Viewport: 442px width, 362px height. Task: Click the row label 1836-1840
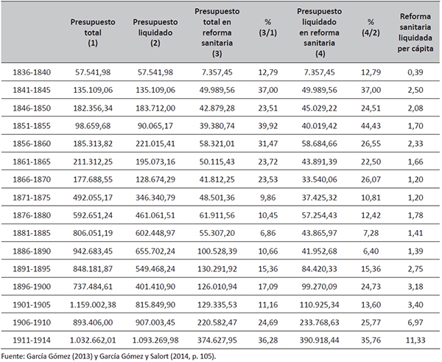32,72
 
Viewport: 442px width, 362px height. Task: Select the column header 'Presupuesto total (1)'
93,32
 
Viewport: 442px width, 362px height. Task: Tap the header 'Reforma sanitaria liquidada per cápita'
415,32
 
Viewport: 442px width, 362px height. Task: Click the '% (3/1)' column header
268,27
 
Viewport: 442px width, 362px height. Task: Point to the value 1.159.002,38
93,304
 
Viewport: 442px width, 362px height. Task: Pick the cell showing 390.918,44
319,341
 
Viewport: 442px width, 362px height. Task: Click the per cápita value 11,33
415,341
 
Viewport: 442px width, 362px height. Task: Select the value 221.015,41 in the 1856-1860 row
155,144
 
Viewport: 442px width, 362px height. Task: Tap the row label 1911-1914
32,341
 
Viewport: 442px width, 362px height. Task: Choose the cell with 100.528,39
217,251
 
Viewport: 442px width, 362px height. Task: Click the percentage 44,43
371,126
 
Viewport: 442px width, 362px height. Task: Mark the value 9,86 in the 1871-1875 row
268,198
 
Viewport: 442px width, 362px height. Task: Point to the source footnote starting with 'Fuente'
108,356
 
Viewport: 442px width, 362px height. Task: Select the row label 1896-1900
32,287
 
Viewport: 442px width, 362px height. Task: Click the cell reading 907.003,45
155,322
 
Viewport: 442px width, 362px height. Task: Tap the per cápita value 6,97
415,322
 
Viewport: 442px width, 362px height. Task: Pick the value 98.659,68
93,126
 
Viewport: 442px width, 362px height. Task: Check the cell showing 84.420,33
319,269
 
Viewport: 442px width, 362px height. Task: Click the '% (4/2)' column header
371,27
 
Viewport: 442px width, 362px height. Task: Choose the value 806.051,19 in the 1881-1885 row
93,233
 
